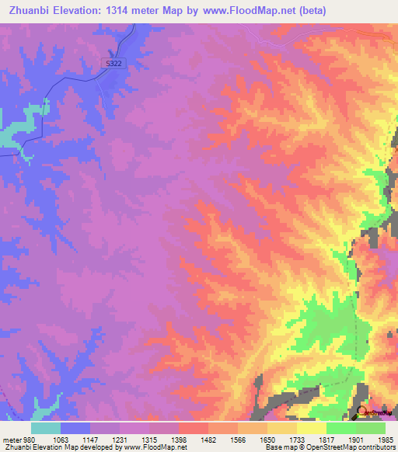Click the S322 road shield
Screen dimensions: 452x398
113,64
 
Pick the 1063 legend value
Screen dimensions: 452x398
60,440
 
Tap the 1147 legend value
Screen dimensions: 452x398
89,440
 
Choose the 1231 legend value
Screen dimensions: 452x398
119,440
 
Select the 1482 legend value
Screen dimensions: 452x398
208,440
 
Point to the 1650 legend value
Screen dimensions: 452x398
267,440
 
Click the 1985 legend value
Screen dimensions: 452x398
384,440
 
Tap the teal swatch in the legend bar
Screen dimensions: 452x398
46,428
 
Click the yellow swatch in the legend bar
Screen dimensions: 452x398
281,428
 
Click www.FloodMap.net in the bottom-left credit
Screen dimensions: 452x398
154,447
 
